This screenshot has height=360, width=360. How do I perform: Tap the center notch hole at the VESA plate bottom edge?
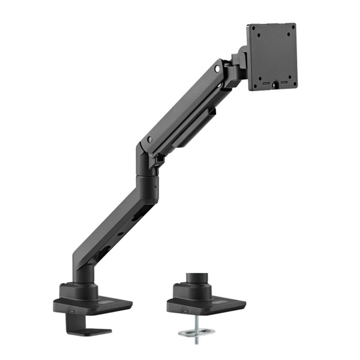(274, 85)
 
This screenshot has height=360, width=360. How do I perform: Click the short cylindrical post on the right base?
(196, 280)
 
